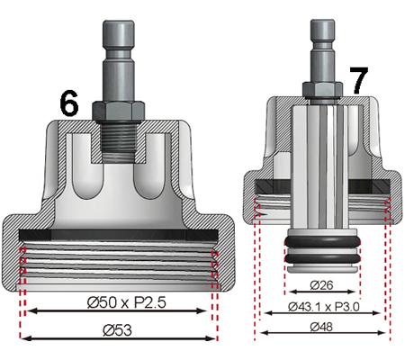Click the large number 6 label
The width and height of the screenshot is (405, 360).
[x=69, y=103]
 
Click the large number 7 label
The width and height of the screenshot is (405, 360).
[x=357, y=81]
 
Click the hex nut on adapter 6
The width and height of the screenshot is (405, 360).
[x=118, y=108]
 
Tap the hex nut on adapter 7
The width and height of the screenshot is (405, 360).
[x=320, y=87]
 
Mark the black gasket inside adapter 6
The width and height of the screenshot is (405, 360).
[x=118, y=232]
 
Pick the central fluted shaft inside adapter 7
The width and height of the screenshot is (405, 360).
[x=320, y=162]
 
